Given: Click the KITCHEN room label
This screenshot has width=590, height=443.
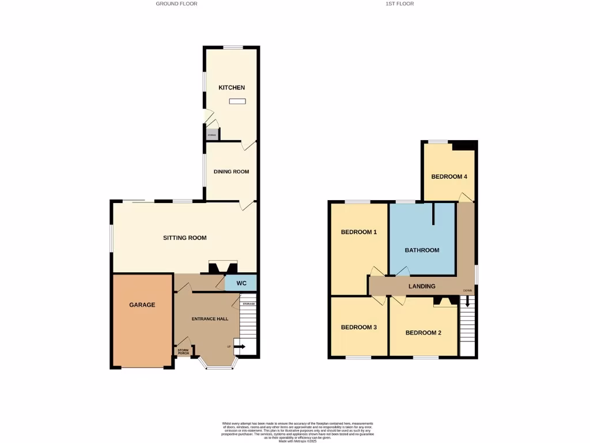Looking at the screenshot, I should click(231, 88).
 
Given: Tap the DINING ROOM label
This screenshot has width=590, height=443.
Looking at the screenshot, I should click(231, 171).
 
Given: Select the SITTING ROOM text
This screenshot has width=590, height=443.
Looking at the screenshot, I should click(184, 238).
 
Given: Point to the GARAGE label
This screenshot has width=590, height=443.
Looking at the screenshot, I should click(142, 305).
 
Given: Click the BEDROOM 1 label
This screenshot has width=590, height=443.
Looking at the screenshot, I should click(358, 232).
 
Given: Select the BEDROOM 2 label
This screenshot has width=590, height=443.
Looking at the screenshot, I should click(423, 333).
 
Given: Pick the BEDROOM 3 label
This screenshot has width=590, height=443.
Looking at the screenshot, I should click(358, 327).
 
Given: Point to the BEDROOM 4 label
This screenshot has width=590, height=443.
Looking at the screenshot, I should click(449, 177).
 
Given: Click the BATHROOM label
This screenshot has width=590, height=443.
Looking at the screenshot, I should click(422, 250).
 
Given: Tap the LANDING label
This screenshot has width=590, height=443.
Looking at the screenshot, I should click(422, 286).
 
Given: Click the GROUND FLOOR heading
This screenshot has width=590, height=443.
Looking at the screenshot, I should click(176, 3).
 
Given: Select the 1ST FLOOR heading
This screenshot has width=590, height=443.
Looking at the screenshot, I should click(400, 3).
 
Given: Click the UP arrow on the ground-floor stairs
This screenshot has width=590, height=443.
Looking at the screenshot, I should click(239, 347).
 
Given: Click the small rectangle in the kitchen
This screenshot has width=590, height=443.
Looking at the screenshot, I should click(237, 102).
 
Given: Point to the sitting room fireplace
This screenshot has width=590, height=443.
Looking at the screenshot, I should click(222, 268).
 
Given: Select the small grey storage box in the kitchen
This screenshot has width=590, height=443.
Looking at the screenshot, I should click(211, 135).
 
